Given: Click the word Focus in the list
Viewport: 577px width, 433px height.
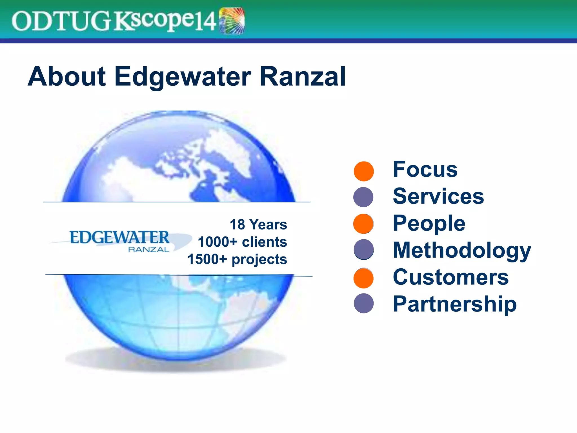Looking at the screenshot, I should [x=425, y=169].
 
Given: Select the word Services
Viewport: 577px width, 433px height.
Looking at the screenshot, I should [x=438, y=196].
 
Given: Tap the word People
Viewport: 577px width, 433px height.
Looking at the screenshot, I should [x=429, y=223].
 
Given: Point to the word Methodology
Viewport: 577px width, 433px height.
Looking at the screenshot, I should [x=461, y=250].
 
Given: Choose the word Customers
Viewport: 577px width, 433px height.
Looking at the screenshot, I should [x=450, y=277].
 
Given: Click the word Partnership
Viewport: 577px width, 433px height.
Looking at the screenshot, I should [x=454, y=304].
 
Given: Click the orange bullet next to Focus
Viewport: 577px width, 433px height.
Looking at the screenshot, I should [x=364, y=171].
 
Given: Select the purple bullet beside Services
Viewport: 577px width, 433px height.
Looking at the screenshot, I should [x=363, y=197].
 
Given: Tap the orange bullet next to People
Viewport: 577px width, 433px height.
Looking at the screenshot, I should [x=363, y=224].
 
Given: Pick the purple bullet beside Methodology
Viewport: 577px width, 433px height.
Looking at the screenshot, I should [x=364, y=249].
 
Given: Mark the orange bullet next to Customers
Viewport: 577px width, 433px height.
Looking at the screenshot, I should [x=363, y=278].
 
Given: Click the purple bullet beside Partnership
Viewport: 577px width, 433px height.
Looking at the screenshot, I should [x=364, y=303].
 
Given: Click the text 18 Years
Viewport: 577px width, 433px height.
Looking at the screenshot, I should [x=258, y=225].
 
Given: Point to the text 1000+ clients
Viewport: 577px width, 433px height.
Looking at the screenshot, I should [x=242, y=242].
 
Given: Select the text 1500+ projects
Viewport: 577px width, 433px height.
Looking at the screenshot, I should [x=237, y=259].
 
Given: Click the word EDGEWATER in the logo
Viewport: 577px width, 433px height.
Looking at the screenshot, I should [x=119, y=237].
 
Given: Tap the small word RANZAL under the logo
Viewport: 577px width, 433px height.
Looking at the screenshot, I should [x=148, y=249].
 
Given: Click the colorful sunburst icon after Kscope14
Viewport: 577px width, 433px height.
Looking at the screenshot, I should [x=232, y=21].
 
